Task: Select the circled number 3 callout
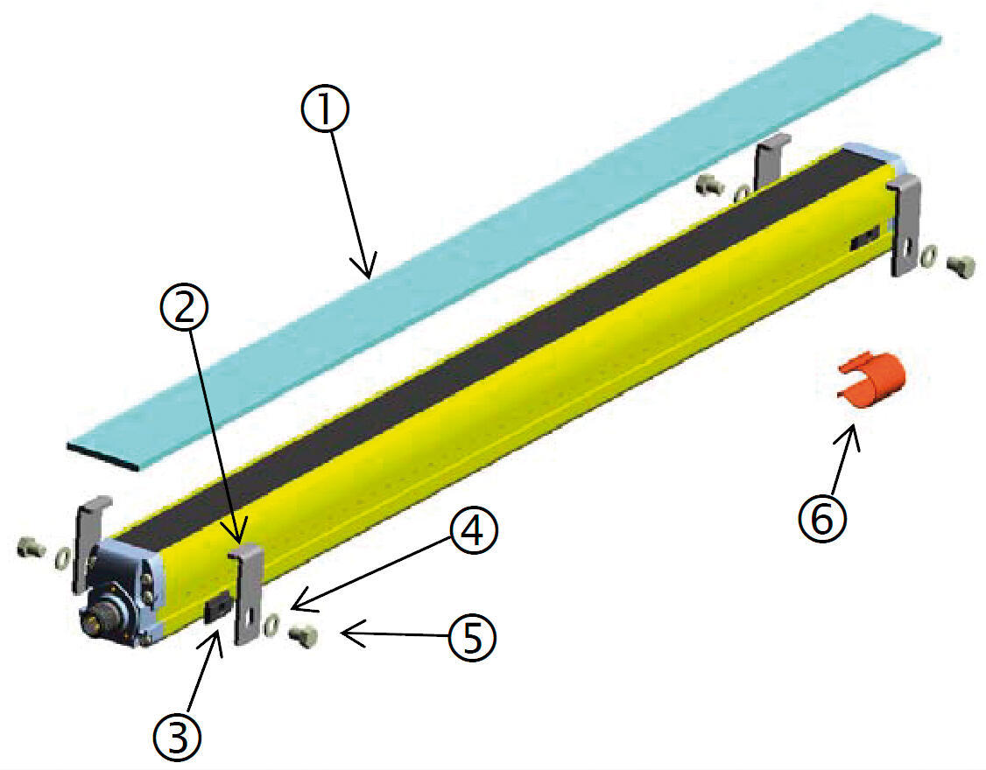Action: (x=179, y=738)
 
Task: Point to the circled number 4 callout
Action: (x=474, y=531)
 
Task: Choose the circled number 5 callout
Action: (x=472, y=638)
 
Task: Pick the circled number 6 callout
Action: (x=823, y=519)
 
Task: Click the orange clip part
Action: (x=870, y=380)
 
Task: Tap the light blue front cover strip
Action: (x=503, y=242)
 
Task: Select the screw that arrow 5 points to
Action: (x=304, y=636)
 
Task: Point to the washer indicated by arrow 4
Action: (x=272, y=625)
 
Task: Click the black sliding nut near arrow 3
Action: (x=217, y=609)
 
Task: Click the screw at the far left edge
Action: (x=30, y=548)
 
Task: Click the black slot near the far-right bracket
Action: (x=865, y=240)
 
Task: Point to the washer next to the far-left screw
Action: (x=64, y=557)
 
